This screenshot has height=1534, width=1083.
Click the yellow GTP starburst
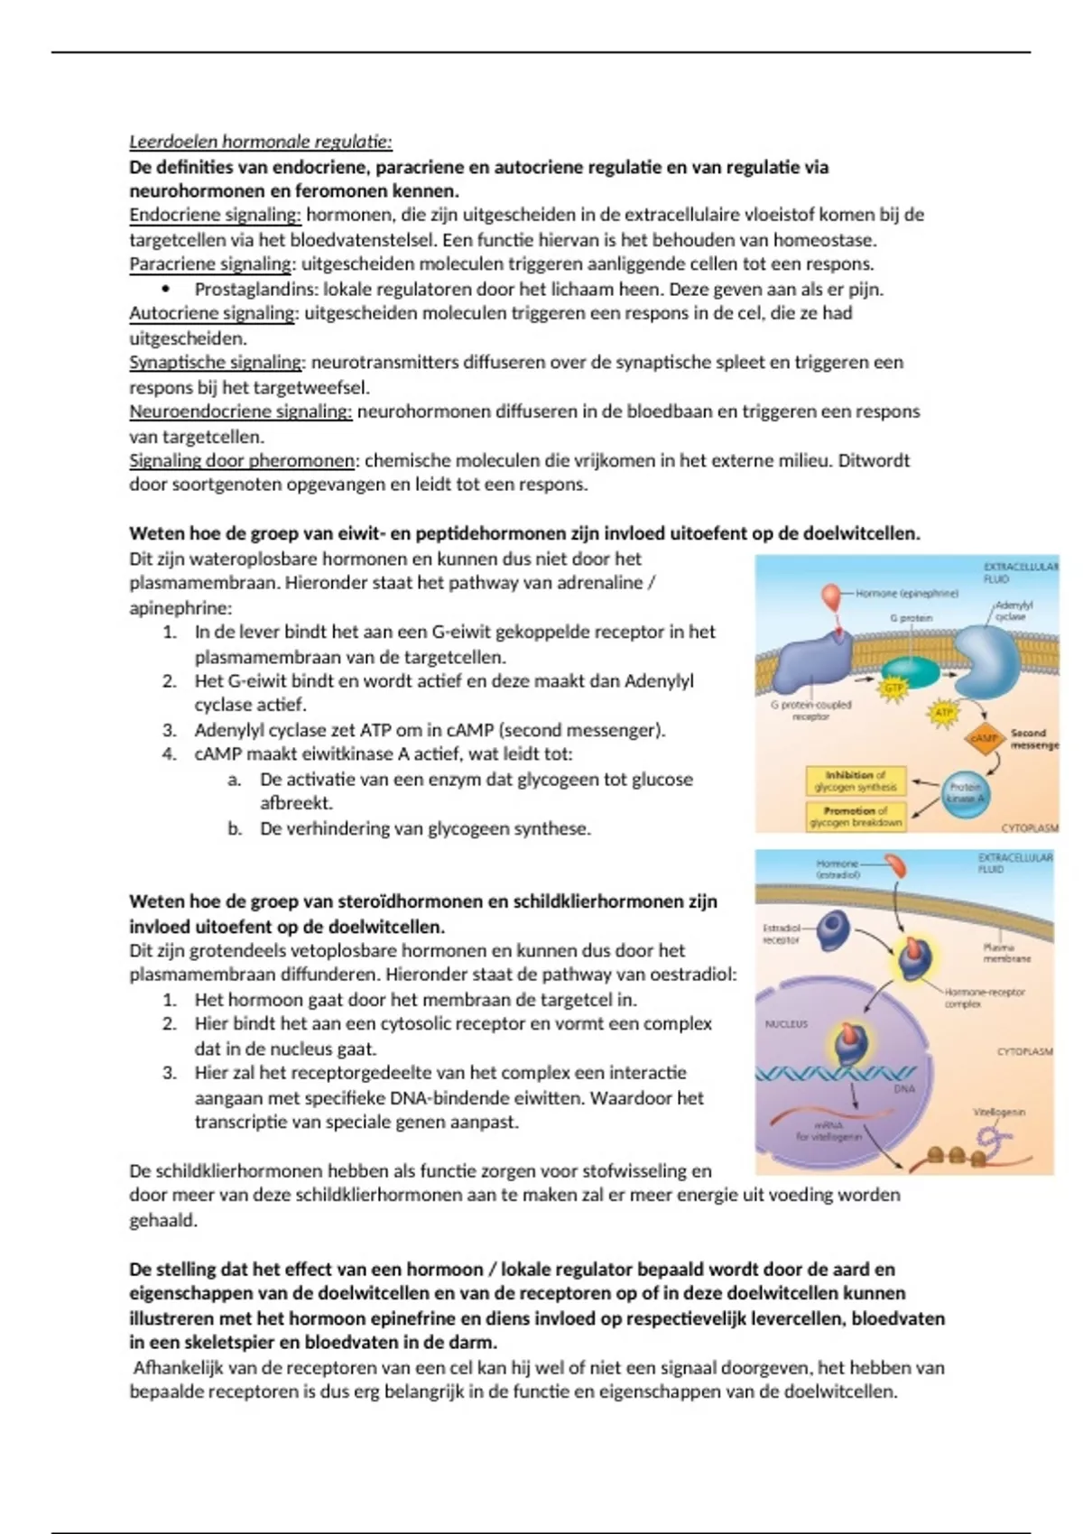click(893, 688)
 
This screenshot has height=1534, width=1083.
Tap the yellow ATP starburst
click(943, 712)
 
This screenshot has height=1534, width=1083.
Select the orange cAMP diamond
click(984, 738)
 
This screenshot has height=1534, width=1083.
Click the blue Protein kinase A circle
click(966, 792)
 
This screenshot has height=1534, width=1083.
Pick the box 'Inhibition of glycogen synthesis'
click(855, 781)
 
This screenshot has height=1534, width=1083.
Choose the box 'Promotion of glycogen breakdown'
click(855, 816)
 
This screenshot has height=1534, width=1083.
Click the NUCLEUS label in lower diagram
click(786, 1024)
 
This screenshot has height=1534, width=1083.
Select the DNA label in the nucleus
click(904, 1088)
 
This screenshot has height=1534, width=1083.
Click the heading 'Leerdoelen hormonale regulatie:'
click(261, 142)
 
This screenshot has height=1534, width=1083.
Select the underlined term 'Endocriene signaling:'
click(215, 215)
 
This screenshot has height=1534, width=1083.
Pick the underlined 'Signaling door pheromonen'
click(242, 460)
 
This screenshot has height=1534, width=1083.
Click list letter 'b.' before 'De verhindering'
click(235, 828)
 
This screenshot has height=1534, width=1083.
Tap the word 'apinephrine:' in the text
click(180, 607)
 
